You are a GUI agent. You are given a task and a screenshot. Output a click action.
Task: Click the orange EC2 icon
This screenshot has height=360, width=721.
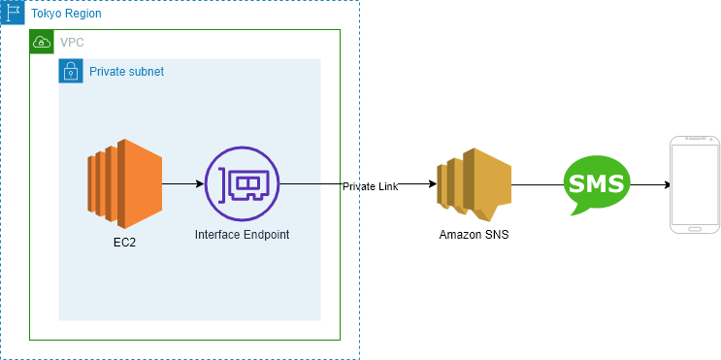(x=124, y=184)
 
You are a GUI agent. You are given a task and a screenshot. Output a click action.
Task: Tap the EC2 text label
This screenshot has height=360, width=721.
(x=124, y=243)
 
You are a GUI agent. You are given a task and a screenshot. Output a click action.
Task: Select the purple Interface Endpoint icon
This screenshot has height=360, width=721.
(x=242, y=184)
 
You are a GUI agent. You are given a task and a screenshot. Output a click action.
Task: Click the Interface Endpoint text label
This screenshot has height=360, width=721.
(x=242, y=235)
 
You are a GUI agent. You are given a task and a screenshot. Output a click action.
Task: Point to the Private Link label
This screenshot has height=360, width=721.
(x=370, y=186)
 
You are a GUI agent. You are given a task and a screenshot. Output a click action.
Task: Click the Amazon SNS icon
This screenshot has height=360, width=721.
(x=475, y=184)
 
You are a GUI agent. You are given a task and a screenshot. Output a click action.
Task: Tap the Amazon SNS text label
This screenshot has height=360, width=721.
(x=475, y=235)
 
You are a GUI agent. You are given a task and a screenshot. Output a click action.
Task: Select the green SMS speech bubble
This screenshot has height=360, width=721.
(x=597, y=184)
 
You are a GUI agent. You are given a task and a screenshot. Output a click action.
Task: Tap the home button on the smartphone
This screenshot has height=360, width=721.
(x=695, y=229)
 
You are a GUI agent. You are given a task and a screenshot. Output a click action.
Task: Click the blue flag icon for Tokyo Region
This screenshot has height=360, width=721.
(x=12, y=13)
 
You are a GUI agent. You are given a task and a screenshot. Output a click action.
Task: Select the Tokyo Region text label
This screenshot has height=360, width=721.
(x=66, y=14)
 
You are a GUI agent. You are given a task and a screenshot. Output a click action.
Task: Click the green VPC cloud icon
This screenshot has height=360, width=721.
(x=42, y=42)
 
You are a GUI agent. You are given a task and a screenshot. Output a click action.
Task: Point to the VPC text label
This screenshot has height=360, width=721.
(x=72, y=43)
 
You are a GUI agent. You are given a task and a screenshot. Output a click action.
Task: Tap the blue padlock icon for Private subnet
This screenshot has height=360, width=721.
(x=71, y=71)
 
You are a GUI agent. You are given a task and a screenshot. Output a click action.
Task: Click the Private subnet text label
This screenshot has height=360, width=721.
(x=126, y=72)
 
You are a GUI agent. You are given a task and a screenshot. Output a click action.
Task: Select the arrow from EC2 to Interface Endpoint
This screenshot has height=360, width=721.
(x=183, y=184)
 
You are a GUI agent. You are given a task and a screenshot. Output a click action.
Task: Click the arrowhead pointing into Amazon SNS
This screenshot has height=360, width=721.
(x=432, y=184)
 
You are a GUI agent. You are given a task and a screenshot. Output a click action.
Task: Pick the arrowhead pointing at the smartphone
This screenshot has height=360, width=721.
(x=666, y=184)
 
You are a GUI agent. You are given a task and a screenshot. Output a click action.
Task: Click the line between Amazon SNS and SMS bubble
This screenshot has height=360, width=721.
(x=538, y=184)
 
